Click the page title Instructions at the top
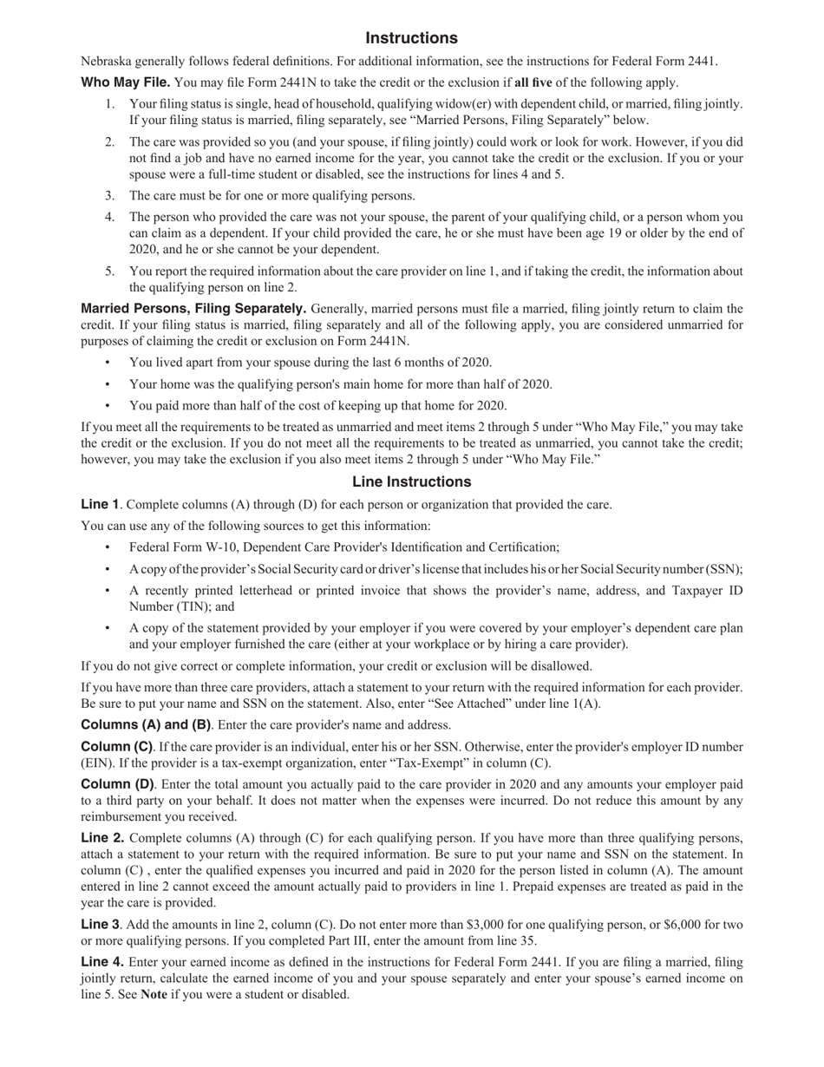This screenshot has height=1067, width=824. (411, 38)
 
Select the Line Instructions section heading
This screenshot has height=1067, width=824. (411, 481)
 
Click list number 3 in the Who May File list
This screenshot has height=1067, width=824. (110, 196)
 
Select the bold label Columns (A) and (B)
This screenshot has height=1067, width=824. (146, 724)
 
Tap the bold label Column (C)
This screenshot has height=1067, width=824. (116, 746)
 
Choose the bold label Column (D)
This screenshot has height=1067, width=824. (117, 784)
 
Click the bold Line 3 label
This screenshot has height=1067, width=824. (100, 924)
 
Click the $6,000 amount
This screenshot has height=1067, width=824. (681, 925)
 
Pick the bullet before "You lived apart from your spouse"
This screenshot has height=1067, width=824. (108, 363)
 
